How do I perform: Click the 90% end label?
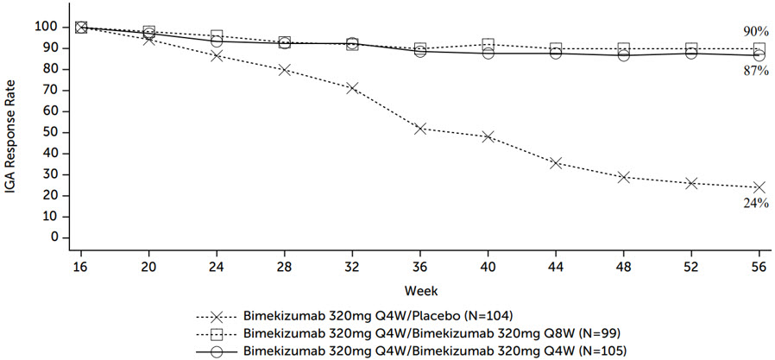pyautogui.click(x=756, y=32)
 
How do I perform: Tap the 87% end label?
pyautogui.click(x=756, y=71)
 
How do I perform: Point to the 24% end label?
pyautogui.click(x=756, y=203)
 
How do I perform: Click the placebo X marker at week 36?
pyautogui.click(x=420, y=129)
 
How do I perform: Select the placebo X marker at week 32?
pyautogui.click(x=352, y=88)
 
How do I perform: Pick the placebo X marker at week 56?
pyautogui.click(x=759, y=187)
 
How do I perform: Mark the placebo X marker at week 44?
pyautogui.click(x=556, y=162)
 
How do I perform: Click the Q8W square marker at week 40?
pyautogui.click(x=488, y=45)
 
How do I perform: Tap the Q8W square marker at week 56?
pyautogui.click(x=759, y=49)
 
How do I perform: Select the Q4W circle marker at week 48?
pyautogui.click(x=624, y=55)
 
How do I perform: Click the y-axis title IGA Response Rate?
pyautogui.click(x=14, y=129)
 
